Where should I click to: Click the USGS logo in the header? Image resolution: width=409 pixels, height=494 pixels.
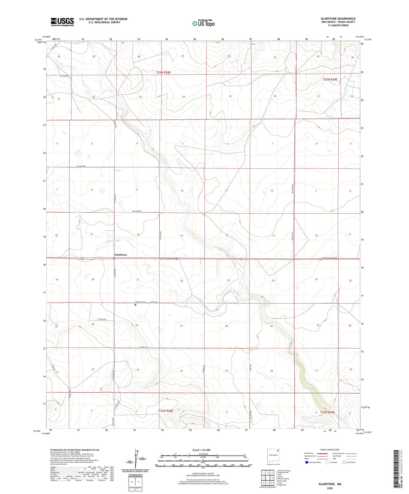click(x=62, y=22)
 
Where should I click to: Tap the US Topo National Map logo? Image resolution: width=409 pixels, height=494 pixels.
click(x=203, y=23)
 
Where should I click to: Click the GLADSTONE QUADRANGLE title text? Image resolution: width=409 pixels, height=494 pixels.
click(x=338, y=18)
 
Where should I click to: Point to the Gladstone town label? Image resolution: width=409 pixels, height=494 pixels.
click(x=121, y=255)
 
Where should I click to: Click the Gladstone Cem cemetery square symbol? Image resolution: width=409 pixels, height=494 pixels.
click(x=135, y=305)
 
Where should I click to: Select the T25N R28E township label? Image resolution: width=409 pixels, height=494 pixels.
click(x=163, y=72)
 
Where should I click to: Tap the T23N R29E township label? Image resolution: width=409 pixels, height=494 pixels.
click(x=327, y=412)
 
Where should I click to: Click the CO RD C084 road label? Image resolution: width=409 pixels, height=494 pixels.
click(x=81, y=166)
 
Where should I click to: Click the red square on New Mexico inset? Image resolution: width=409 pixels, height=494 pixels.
click(x=278, y=451)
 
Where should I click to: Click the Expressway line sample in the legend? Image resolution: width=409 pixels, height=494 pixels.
click(x=322, y=454)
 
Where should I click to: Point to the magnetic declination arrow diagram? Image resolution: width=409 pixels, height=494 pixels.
click(x=135, y=458)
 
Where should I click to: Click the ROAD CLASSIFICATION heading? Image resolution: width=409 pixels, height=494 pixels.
click(x=330, y=450)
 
